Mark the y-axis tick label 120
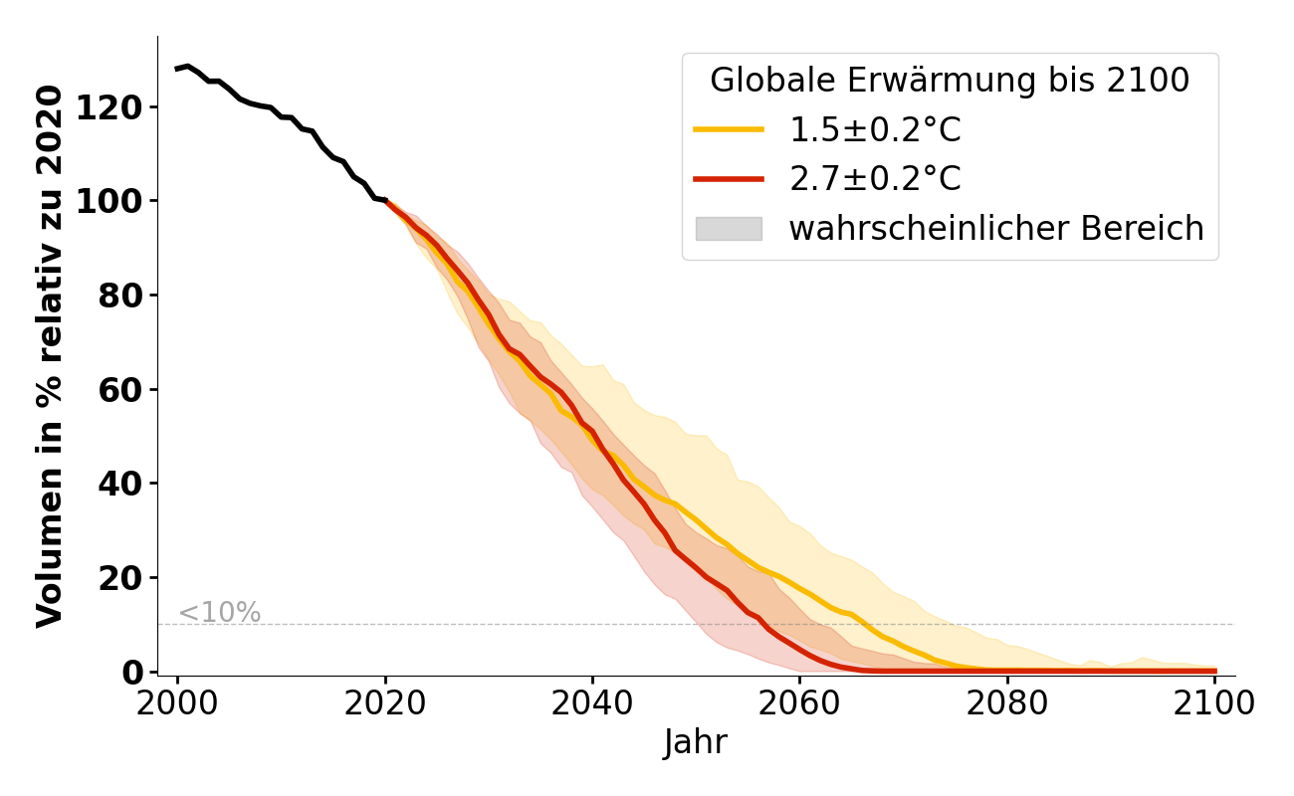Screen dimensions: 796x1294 pyautogui.click(x=111, y=107)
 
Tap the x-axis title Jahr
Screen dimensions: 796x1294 pyautogui.click(x=696, y=743)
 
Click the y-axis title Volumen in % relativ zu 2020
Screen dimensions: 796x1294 pyautogui.click(x=50, y=356)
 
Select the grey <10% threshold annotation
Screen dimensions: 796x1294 pyautogui.click(x=219, y=613)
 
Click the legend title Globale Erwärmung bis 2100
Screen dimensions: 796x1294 pyautogui.click(x=950, y=81)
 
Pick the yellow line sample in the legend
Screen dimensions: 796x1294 pyautogui.click(x=729, y=129)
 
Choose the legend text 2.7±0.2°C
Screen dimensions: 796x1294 pyautogui.click(x=875, y=179)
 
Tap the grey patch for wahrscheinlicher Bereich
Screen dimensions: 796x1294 pyautogui.click(x=729, y=229)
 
